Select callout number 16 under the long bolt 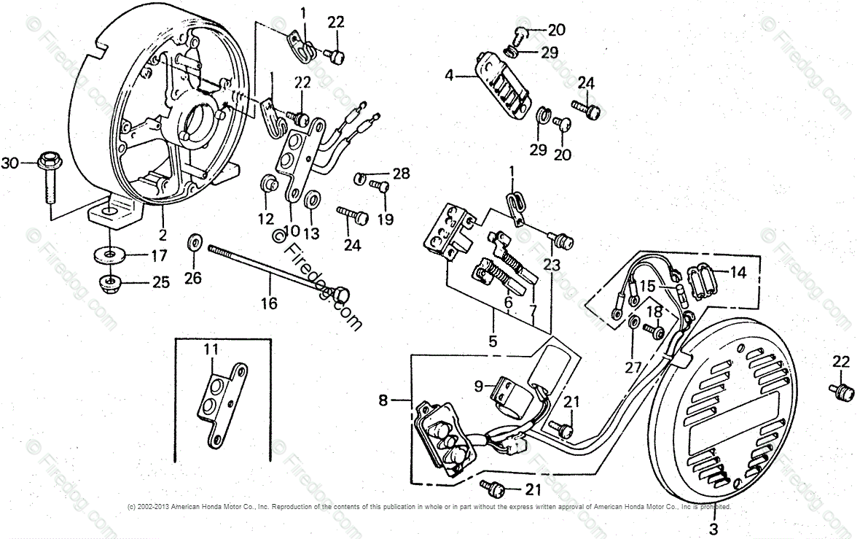coord(270,302)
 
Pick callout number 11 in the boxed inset coord(211,349)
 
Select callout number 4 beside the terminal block coord(450,74)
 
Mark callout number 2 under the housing coord(163,235)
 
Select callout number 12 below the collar coord(265,218)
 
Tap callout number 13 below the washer coord(311,233)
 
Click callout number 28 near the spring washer coord(401,174)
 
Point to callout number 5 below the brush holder coord(493,340)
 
